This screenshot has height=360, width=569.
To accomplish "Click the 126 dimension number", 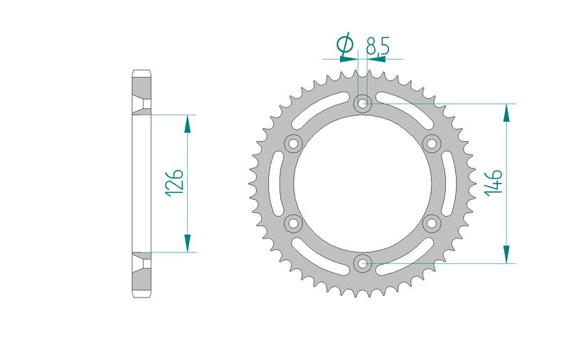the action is (x=174, y=183).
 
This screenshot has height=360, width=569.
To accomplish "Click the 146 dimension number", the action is (x=494, y=184).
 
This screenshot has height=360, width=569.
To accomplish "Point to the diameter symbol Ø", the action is (x=345, y=43).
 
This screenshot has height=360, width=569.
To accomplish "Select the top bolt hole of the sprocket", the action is (x=363, y=103).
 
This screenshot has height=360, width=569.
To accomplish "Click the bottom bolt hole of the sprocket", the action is (x=363, y=263).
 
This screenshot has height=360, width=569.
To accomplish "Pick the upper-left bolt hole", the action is (x=293, y=143).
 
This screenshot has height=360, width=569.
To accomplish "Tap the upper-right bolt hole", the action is (x=432, y=143).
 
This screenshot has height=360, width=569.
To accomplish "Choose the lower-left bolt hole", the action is (x=293, y=223).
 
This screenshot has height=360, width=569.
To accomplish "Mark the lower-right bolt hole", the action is (x=432, y=223).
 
